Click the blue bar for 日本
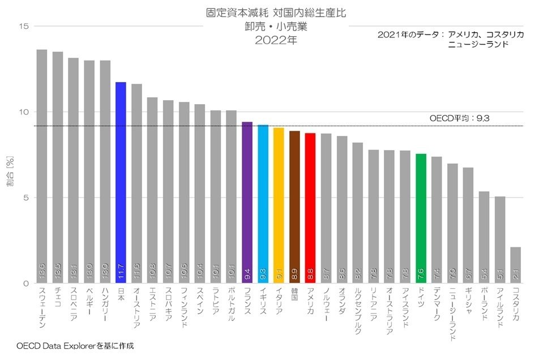pyautogui.click(x=121, y=181)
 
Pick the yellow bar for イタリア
pyautogui.click(x=279, y=204)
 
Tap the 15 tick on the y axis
pyautogui.click(x=23, y=26)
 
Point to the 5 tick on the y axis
pyautogui.click(x=26, y=198)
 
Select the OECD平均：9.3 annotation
pyautogui.click(x=459, y=118)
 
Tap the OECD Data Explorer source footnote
pyautogui.click(x=75, y=345)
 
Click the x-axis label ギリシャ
pyautogui.click(x=468, y=303)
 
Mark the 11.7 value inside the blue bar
pyautogui.click(x=121, y=274)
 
